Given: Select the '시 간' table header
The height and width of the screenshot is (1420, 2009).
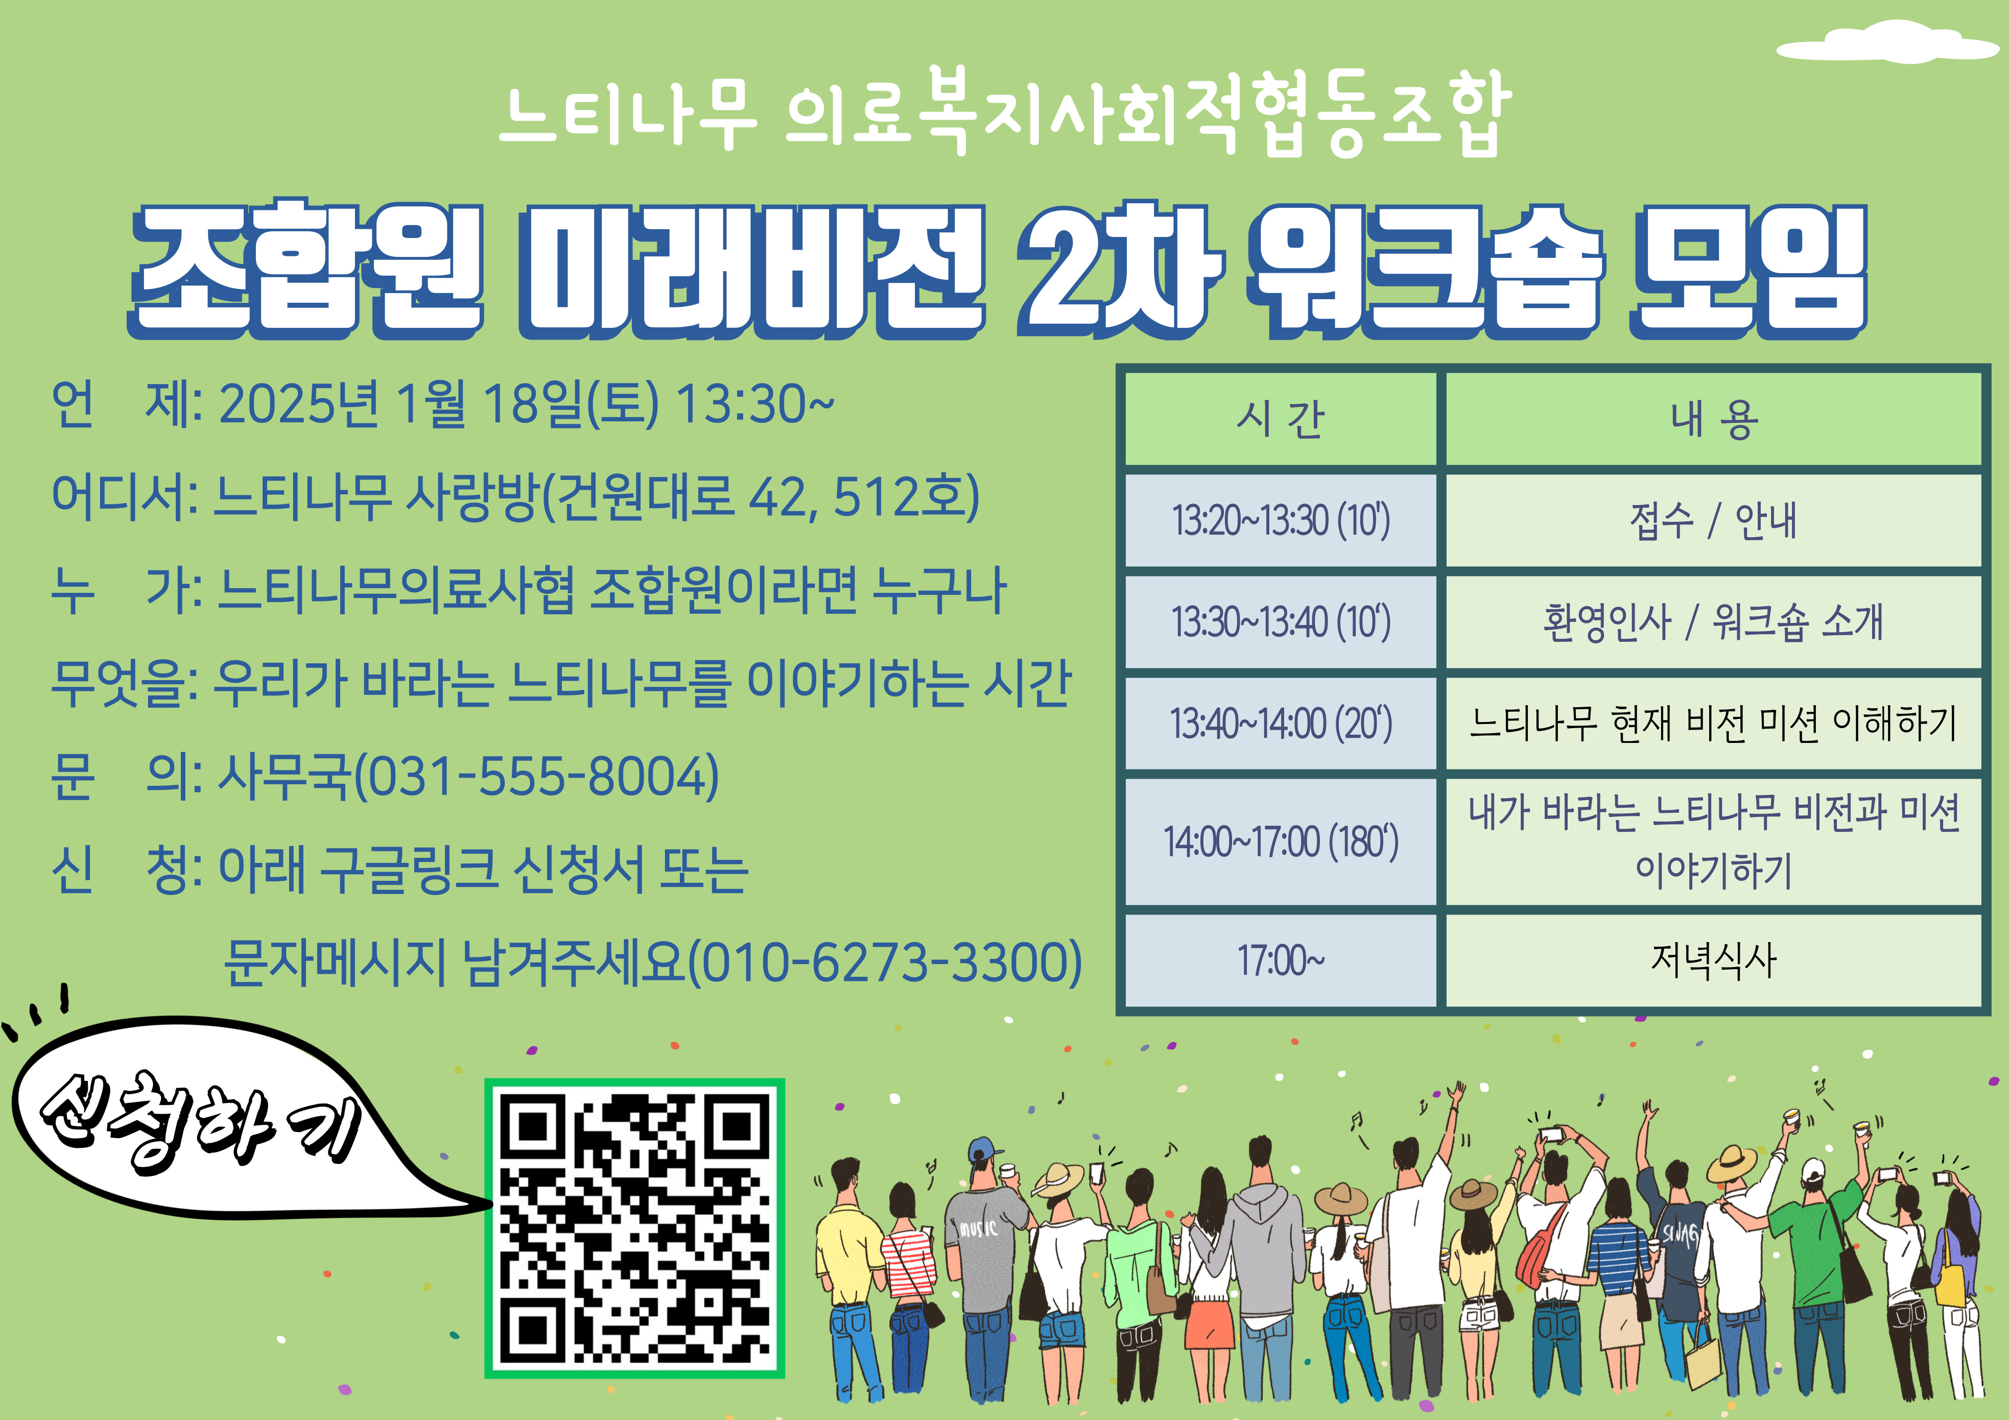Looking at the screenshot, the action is [x=1280, y=418].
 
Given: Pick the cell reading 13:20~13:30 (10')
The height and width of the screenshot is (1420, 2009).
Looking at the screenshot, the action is [x=1280, y=521].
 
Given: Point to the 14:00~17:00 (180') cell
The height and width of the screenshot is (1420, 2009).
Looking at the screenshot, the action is [x=1280, y=841].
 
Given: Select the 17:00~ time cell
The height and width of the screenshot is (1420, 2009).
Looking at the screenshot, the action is [x=1280, y=960].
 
